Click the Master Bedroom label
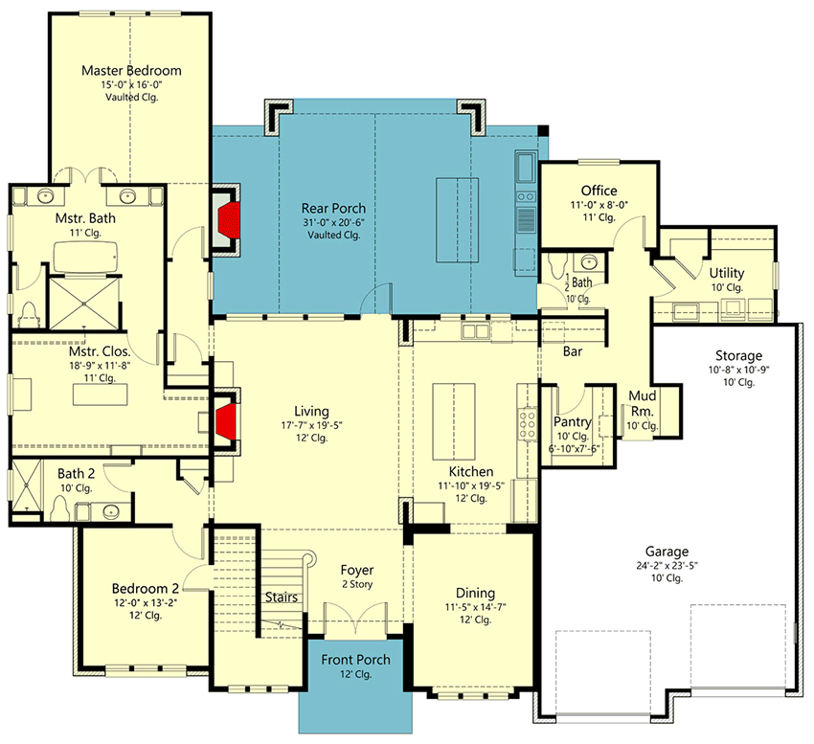coord(131,70)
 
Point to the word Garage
coord(667,552)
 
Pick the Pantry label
coord(573,421)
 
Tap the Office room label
coord(599,191)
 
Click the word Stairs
coord(282,597)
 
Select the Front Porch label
coord(355,659)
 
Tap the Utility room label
coord(727,273)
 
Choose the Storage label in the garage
coord(737,355)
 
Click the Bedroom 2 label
coord(146,588)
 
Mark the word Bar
coord(576,351)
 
